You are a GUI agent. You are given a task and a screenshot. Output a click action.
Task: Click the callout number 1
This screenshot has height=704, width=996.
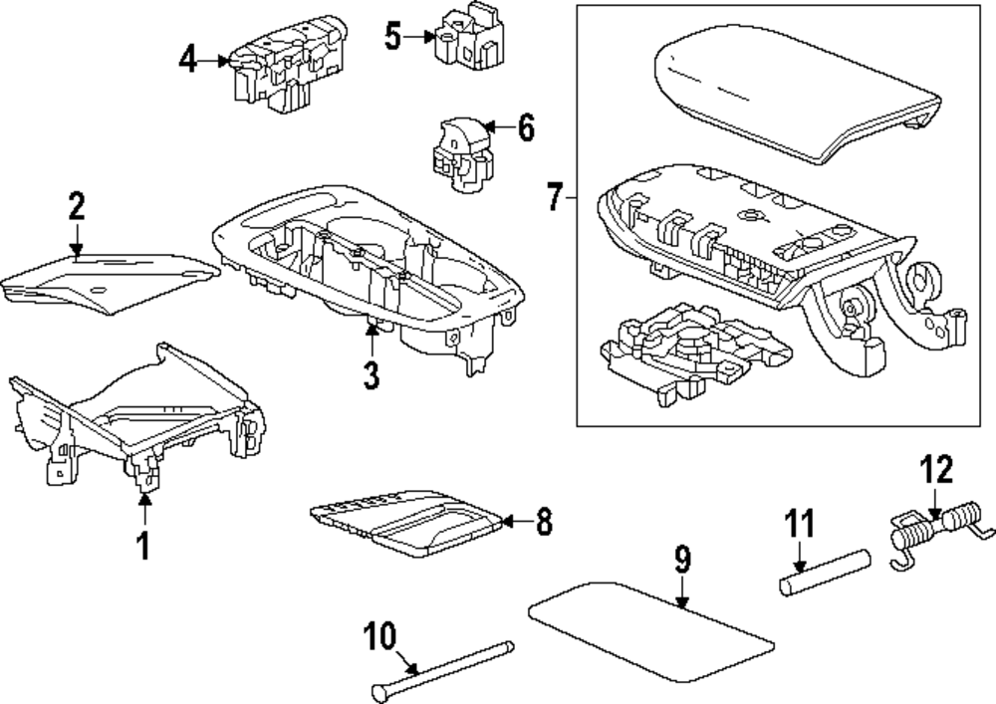click(143, 545)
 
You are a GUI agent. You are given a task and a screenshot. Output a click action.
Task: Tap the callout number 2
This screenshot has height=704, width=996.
click(77, 207)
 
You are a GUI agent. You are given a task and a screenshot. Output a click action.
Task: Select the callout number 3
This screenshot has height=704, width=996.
click(372, 375)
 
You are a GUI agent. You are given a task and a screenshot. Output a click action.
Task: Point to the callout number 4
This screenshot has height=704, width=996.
click(188, 60)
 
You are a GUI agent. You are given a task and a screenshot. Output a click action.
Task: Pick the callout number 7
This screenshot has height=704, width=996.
click(556, 196)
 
